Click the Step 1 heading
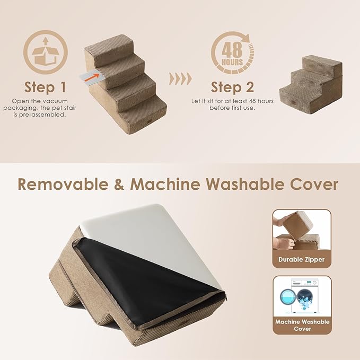[x=46, y=86]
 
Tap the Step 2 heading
[x=232, y=86]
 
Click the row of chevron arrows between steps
[x=180, y=80]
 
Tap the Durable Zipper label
[x=302, y=260]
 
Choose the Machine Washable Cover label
[x=302, y=325]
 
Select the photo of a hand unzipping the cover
[x=302, y=231]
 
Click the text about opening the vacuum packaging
[x=46, y=107]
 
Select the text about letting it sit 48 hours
[x=232, y=104]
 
